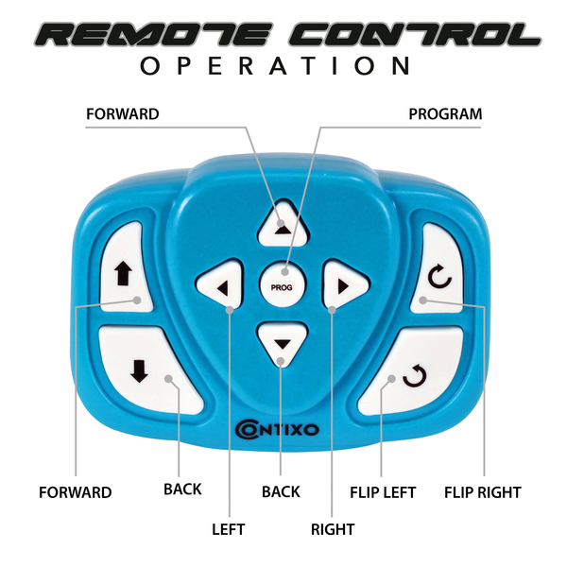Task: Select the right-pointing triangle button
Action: pyautogui.click(x=343, y=283)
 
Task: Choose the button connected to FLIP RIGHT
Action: pyautogui.click(x=438, y=274)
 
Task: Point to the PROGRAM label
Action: pyautogui.click(x=445, y=114)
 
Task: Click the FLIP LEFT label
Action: pyautogui.click(x=383, y=492)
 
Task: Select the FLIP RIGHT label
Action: pyautogui.click(x=482, y=492)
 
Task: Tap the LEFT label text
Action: pyautogui.click(x=228, y=530)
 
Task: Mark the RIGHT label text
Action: pyautogui.click(x=333, y=530)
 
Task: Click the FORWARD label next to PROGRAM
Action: pyautogui.click(x=122, y=114)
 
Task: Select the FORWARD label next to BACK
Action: pyautogui.click(x=76, y=492)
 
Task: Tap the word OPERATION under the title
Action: pyautogui.click(x=275, y=66)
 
